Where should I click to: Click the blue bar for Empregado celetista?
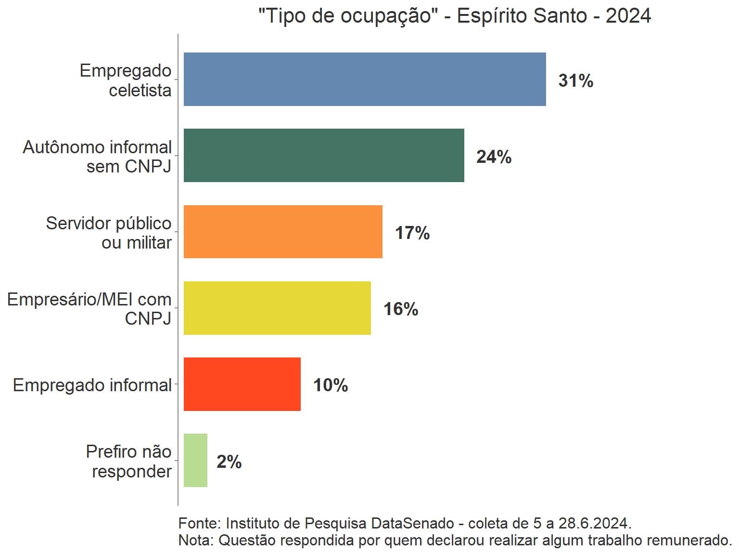[365, 79]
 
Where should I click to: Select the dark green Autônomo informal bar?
[324, 156]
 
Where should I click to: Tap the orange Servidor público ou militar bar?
[283, 232]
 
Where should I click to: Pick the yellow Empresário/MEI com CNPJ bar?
[277, 308]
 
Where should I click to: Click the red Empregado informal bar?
[242, 384]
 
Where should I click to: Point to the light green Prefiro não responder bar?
[195, 460]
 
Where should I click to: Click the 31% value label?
[575, 80]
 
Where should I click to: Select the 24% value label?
[494, 157]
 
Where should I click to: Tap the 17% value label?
[412, 233]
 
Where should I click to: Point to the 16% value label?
[401, 309]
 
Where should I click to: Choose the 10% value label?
[331, 385]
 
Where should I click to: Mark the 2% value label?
[229, 462]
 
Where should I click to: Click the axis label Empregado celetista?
[126, 80]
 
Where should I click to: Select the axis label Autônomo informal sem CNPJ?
[98, 157]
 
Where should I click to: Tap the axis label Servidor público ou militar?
[109, 233]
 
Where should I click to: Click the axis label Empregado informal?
[92, 385]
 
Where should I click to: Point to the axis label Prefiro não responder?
[129, 461]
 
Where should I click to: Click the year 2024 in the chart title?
[628, 16]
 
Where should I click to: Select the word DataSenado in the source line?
[412, 523]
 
